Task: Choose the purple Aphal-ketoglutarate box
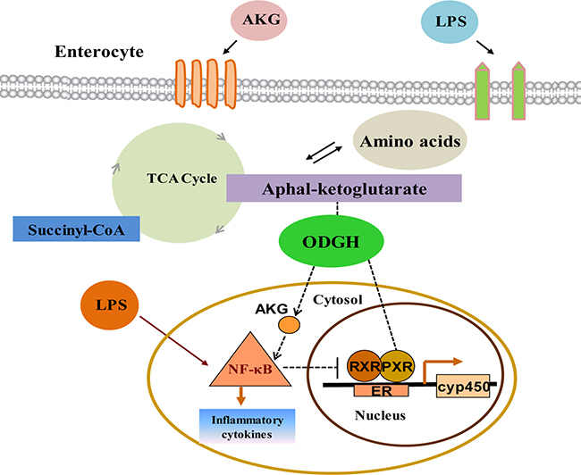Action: point(344,188)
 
